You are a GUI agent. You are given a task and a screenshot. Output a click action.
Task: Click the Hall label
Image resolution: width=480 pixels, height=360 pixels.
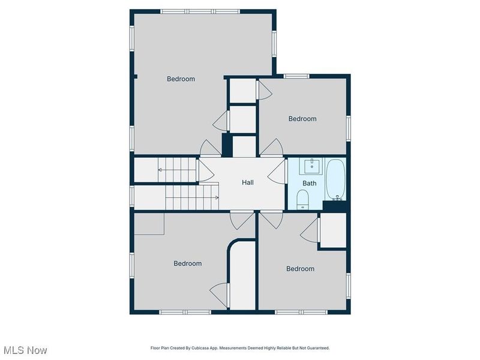tap(248, 182)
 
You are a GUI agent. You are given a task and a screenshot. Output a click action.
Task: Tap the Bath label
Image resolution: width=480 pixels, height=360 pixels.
tap(309, 183)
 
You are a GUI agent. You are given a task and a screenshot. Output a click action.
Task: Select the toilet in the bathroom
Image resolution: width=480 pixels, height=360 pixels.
tap(303, 200)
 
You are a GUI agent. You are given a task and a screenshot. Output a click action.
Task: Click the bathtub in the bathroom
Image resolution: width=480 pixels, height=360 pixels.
tap(335, 179)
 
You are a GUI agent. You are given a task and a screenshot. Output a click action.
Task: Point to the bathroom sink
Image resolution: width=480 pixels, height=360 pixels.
tap(311, 166)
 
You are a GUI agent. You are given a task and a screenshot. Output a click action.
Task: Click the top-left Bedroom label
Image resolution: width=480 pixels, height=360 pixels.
tap(181, 79)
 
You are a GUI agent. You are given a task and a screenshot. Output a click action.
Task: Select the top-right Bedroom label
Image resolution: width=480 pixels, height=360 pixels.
tap(302, 119)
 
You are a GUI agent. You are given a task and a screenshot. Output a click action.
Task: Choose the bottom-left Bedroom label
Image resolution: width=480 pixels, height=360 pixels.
tap(188, 263)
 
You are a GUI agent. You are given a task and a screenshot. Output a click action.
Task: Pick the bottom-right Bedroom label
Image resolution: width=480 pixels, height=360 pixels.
tap(301, 269)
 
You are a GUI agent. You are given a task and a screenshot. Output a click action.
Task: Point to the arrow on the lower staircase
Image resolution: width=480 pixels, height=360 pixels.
tap(192, 197)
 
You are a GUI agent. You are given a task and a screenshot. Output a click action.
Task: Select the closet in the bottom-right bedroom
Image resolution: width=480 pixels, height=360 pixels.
tap(333, 230)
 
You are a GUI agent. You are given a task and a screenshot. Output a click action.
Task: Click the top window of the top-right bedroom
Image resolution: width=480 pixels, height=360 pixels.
tap(296, 76)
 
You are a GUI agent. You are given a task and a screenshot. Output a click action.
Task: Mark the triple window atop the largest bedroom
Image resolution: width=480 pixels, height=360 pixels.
tap(200, 11)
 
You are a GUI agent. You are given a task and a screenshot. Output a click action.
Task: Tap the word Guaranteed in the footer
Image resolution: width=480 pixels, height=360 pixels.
tap(320, 348)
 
